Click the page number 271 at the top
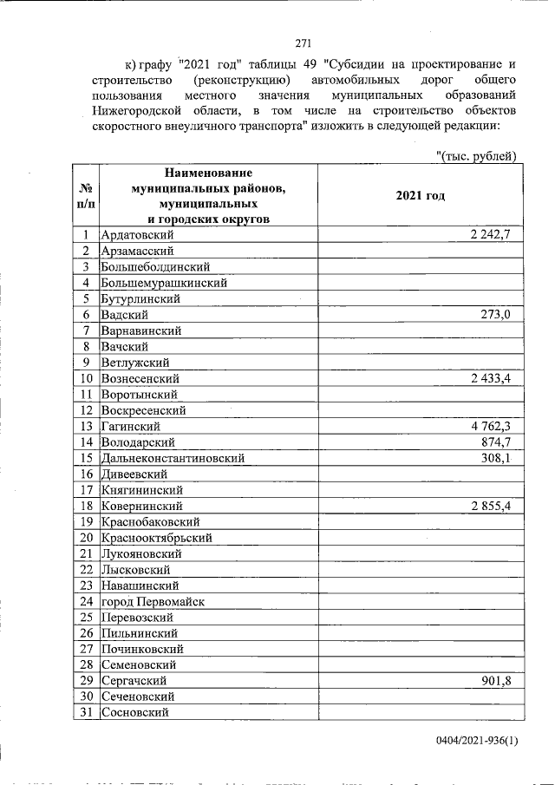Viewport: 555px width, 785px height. tap(303, 43)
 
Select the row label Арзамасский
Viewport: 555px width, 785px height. tap(137, 252)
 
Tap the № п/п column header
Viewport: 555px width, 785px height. tap(86, 196)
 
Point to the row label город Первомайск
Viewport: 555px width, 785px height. tap(153, 601)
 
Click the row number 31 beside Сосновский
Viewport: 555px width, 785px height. tap(86, 713)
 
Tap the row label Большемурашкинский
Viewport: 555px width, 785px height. tap(164, 283)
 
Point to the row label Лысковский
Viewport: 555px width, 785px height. tap(135, 570)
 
